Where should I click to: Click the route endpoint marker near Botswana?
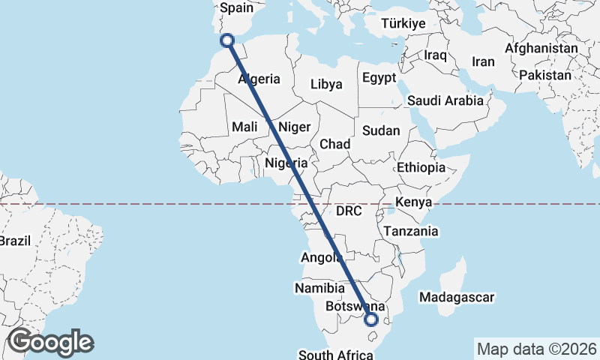click(370, 319)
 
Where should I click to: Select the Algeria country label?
click(259, 79)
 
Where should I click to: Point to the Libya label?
click(326, 84)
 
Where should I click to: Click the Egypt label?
click(379, 78)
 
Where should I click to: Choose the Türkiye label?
click(403, 24)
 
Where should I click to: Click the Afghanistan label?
click(541, 49)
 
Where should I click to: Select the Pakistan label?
click(544, 76)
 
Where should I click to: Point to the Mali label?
click(244, 127)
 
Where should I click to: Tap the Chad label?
click(334, 143)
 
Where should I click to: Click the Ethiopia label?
click(421, 167)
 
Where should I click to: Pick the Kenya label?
click(413, 202)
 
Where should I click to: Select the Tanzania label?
click(411, 232)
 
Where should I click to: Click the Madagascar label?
click(457, 298)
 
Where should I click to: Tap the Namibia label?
click(319, 289)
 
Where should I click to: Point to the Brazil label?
click(13, 241)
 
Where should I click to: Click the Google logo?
click(49, 342)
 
